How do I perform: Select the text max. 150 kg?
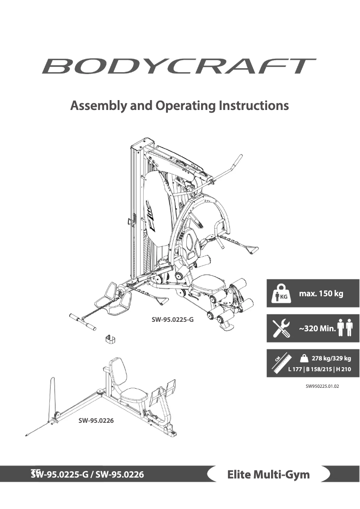pyautogui.click(x=321, y=294)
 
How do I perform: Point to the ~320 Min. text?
pyautogui.click(x=317, y=329)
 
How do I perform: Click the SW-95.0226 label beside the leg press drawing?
pyautogui.click(x=96, y=421)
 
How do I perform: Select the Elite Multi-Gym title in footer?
pyautogui.click(x=268, y=474)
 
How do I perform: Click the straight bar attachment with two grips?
pyautogui.click(x=83, y=323)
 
